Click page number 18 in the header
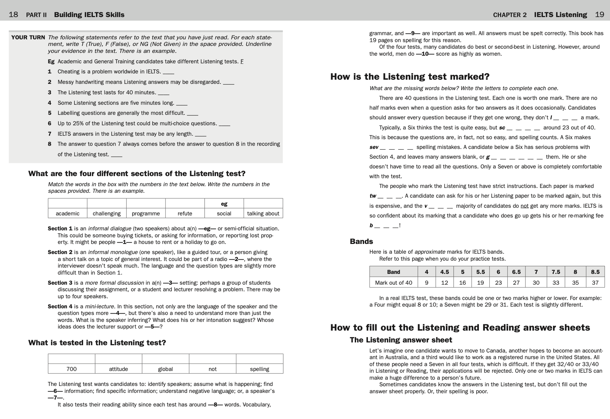tap(13, 15)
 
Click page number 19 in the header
tap(599, 15)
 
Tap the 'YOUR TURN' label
tap(28, 38)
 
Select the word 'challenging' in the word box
tap(106, 213)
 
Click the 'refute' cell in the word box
tap(185, 213)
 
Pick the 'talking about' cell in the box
tap(263, 213)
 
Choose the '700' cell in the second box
tap(71, 369)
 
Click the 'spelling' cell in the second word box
tap(259, 369)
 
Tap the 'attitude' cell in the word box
tap(118, 369)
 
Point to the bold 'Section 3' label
tap(60, 283)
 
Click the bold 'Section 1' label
tap(60, 229)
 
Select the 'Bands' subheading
tap(361, 242)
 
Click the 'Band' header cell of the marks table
tap(393, 272)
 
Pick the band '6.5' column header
tap(516, 272)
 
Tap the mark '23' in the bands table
tap(498, 283)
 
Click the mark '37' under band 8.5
tap(595, 283)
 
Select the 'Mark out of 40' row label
tap(393, 283)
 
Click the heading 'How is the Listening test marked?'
tap(410, 77)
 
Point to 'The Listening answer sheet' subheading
tap(401, 340)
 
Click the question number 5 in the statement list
tap(50, 113)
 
